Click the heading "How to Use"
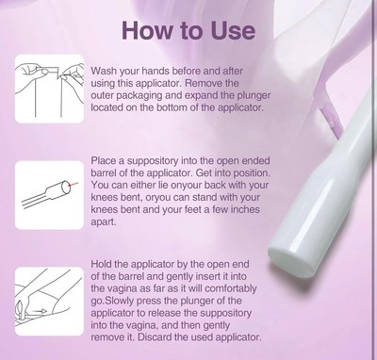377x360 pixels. click(x=188, y=31)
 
